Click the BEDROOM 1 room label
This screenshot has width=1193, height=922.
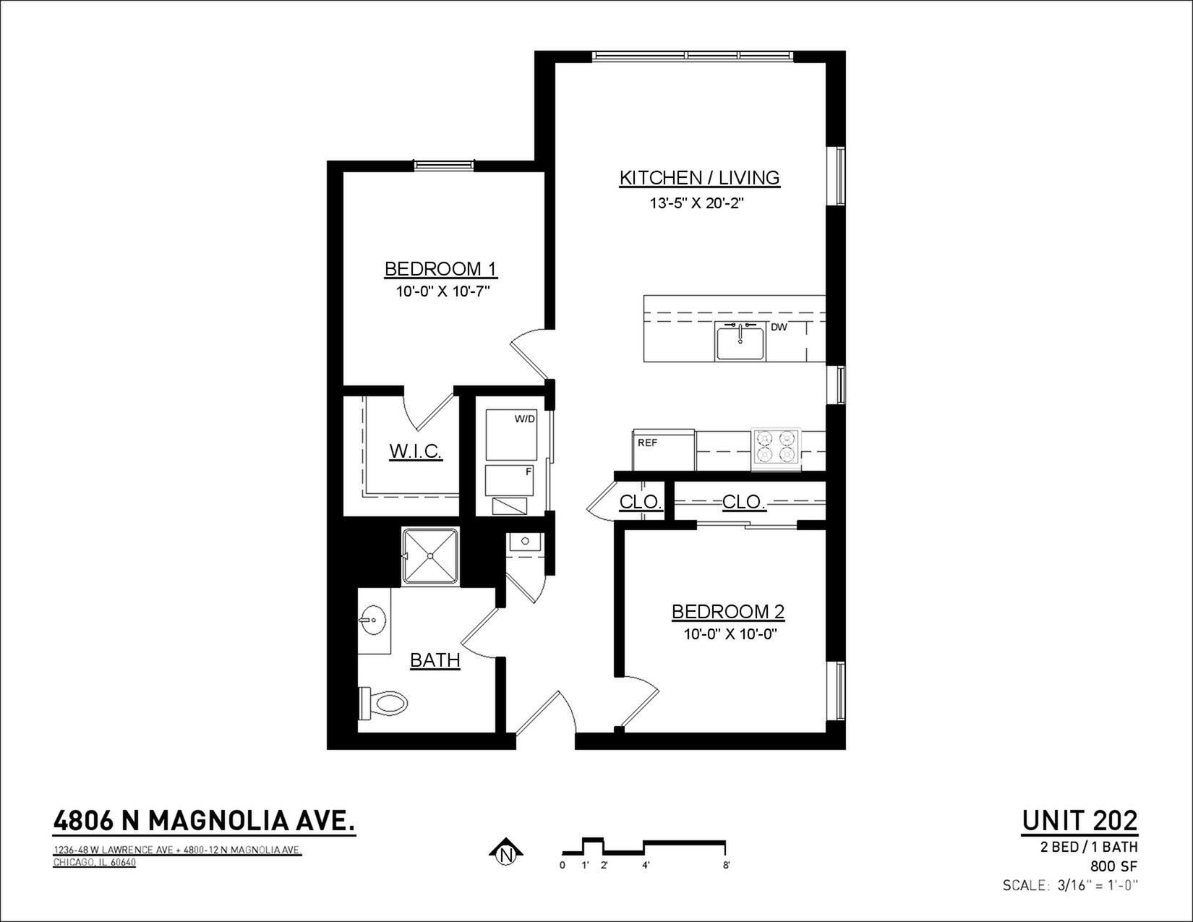pyautogui.click(x=440, y=269)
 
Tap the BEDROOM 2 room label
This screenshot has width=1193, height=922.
pyautogui.click(x=728, y=612)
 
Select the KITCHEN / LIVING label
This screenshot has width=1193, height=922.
pyautogui.click(x=699, y=178)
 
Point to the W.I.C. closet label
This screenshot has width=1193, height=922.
pyautogui.click(x=416, y=451)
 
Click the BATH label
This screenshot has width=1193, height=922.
pyautogui.click(x=435, y=660)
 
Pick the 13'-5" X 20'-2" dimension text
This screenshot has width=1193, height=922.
pyautogui.click(x=697, y=203)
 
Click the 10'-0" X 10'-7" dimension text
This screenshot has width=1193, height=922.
pyautogui.click(x=442, y=291)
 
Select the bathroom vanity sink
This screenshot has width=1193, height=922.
pyautogui.click(x=373, y=620)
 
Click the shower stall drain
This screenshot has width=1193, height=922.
pyautogui.click(x=430, y=556)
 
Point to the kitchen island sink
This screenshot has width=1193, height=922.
pyautogui.click(x=740, y=341)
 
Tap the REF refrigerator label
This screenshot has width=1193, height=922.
pyautogui.click(x=647, y=443)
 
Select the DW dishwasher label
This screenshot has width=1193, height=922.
pyautogui.click(x=779, y=328)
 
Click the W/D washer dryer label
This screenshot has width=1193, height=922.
pyautogui.click(x=524, y=419)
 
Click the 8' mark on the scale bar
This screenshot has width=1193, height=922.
pyautogui.click(x=727, y=866)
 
